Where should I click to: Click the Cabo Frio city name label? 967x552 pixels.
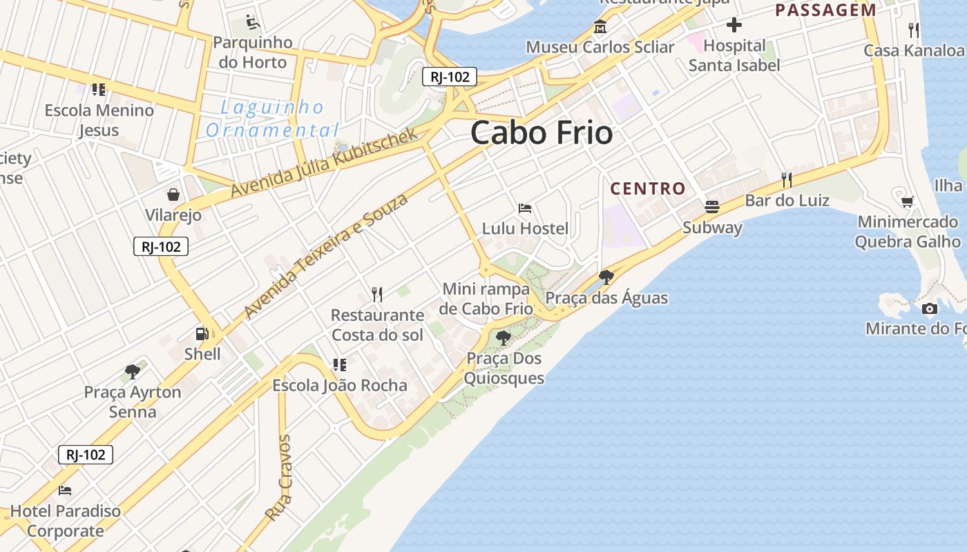542,132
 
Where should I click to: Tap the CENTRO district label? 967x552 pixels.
648,188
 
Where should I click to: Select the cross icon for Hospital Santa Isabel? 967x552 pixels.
734,26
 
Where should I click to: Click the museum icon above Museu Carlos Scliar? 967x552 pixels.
600,28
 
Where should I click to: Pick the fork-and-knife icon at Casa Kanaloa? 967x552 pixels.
914,30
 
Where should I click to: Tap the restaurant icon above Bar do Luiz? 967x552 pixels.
786,180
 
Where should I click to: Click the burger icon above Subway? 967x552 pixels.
712,206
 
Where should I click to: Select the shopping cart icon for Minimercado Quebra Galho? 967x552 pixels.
908,201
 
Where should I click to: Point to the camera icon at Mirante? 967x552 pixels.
930,308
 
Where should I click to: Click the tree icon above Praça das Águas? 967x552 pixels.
606,277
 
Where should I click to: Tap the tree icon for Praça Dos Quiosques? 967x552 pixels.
504,338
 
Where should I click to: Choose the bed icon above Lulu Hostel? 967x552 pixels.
525,208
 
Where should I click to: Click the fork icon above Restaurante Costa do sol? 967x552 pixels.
377,295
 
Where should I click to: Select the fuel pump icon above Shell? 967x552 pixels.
202,334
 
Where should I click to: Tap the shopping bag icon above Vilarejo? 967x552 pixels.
173,195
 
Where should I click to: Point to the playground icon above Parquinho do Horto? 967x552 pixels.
253,23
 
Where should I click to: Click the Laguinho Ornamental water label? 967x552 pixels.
272,119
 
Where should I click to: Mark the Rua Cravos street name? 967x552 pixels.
279,477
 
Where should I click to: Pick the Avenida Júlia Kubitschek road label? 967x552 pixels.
325,163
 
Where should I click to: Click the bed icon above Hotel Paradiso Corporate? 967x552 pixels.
65,491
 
